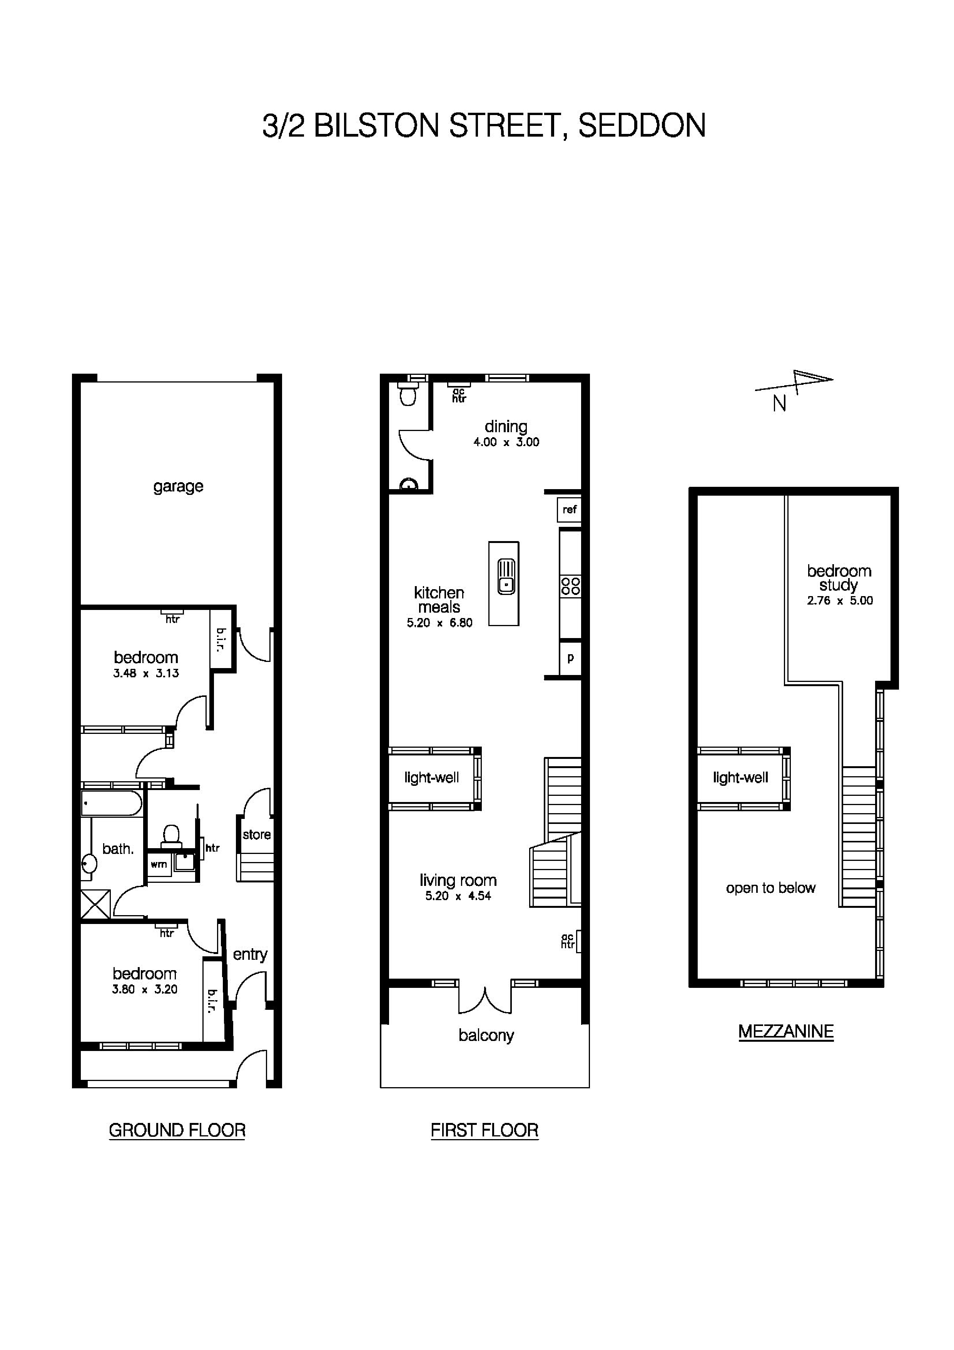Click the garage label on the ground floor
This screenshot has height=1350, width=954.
coord(178,486)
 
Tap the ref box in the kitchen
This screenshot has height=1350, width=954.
coord(569,509)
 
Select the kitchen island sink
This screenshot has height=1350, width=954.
coord(506,577)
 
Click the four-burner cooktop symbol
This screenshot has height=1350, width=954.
coord(570,586)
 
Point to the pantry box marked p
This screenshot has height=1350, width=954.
coord(570,658)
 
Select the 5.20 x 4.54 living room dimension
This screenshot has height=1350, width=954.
coord(458,896)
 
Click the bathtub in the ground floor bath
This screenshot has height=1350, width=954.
coord(112,803)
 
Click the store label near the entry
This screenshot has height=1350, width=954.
coord(256,834)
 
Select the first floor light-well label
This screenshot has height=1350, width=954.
coord(431,778)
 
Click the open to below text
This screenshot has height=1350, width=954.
coord(770,888)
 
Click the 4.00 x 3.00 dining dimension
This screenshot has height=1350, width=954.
coord(506,442)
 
